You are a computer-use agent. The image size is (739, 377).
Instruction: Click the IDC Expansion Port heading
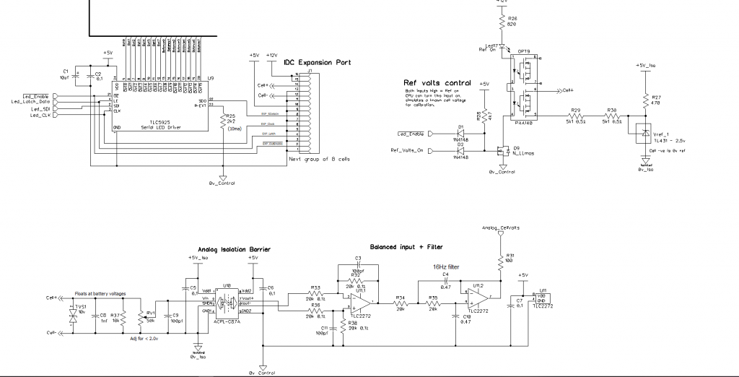318,63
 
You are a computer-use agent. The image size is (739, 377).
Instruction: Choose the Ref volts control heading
438,83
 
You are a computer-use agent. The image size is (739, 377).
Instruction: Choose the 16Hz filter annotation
445,266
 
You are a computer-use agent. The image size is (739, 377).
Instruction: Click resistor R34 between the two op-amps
401,303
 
